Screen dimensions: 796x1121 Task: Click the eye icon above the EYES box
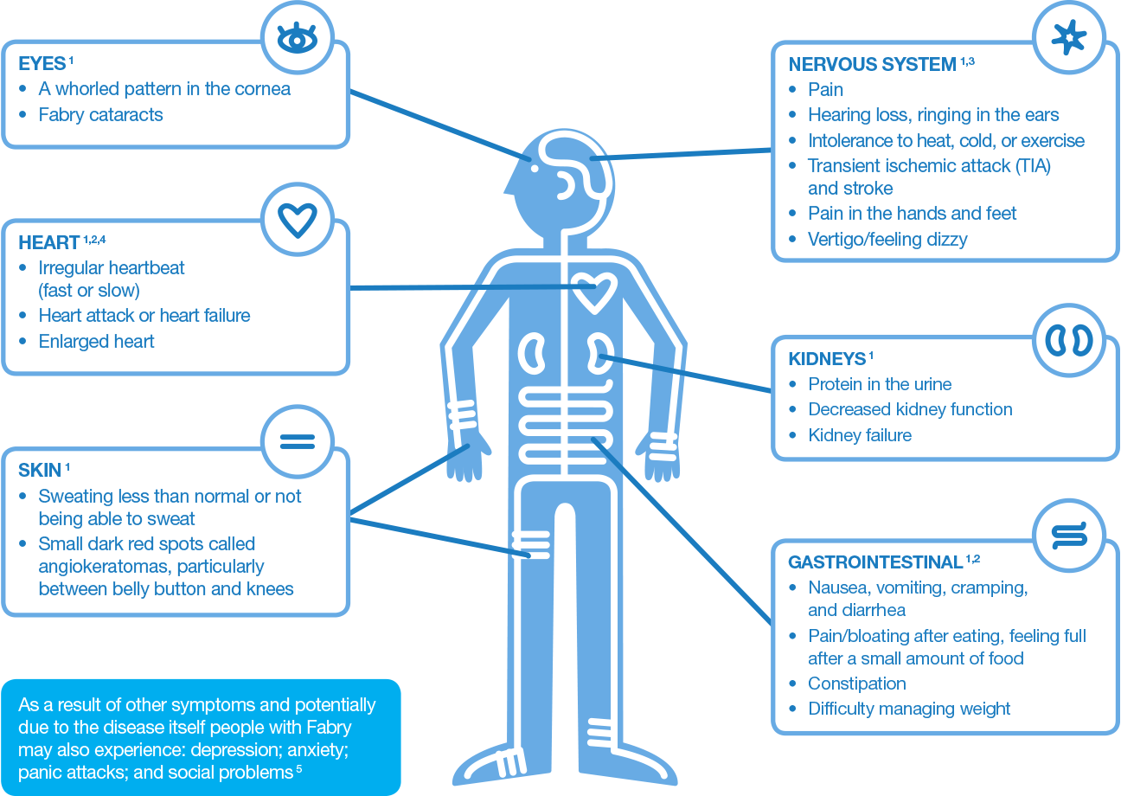pos(297,38)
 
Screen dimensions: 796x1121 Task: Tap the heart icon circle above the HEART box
pos(297,220)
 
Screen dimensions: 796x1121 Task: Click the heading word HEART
pos(49,243)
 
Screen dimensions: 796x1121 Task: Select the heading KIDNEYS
pos(827,359)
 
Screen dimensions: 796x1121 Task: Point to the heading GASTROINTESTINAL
pos(875,563)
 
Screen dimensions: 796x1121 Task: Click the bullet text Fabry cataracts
pos(100,114)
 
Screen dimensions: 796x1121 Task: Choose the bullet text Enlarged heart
pos(96,341)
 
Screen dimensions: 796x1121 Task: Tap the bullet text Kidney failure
pos(860,435)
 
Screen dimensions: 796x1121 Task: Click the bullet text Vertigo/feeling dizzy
pos(887,239)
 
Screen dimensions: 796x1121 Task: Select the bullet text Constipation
pos(857,684)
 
